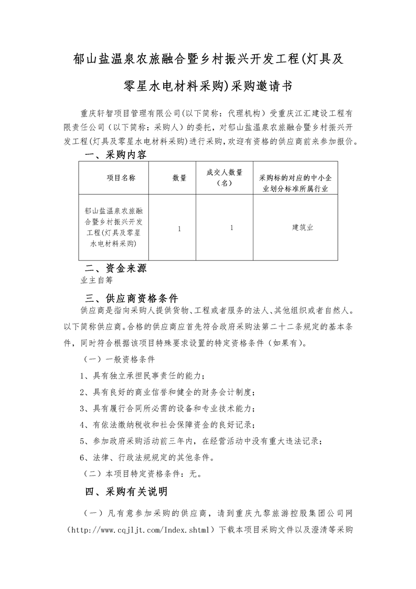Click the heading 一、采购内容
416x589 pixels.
point(116,155)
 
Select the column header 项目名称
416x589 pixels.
point(121,178)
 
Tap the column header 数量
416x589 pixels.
point(179,178)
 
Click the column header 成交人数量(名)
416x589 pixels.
point(224,178)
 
